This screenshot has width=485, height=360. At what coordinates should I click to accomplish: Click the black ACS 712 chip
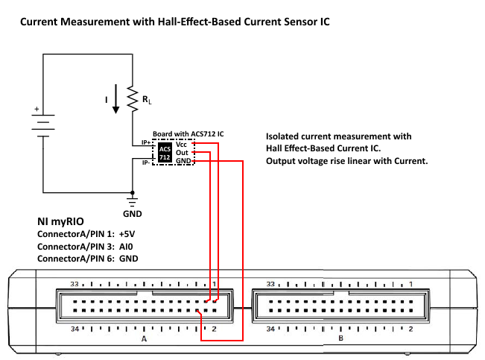pyautogui.click(x=165, y=153)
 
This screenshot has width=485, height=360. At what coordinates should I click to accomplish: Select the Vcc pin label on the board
pyautogui.click(x=181, y=144)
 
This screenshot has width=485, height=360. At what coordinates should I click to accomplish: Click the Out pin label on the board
pyautogui.click(x=181, y=152)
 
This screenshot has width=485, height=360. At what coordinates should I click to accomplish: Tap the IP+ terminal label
pyautogui.click(x=146, y=142)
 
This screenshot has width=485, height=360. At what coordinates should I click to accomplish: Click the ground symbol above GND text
pyautogui.click(x=132, y=200)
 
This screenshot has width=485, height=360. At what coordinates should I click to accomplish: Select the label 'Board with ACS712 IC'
pyautogui.click(x=188, y=133)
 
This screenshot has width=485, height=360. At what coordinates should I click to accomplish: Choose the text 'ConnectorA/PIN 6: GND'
pyautogui.click(x=86, y=258)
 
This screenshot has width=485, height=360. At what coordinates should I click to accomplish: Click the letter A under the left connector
pyautogui.click(x=144, y=338)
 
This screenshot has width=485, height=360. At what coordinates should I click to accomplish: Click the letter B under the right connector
pyautogui.click(x=340, y=338)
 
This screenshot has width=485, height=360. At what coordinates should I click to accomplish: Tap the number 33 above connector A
pyautogui.click(x=74, y=284)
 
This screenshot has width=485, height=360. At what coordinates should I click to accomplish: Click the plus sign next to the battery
pyautogui.click(x=36, y=109)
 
